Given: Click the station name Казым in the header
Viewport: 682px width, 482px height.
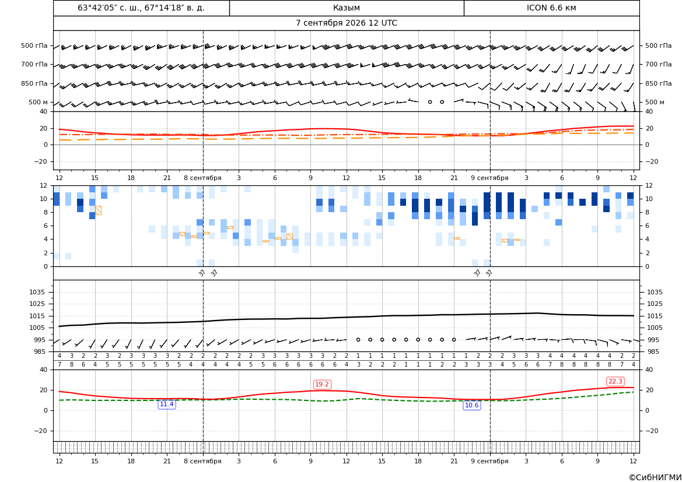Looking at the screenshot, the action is tap(346, 8).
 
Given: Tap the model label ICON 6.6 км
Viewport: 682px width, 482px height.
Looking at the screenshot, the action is tap(551, 8).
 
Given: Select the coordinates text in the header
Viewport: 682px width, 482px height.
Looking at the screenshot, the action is tap(141, 8).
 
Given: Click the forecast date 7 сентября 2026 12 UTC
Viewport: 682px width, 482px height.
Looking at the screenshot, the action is tap(346, 23).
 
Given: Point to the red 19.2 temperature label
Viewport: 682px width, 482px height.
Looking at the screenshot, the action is tap(322, 384).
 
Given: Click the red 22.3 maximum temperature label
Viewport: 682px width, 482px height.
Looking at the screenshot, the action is tap(615, 381).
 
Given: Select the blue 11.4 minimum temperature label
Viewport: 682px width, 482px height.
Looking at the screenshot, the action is tap(167, 404).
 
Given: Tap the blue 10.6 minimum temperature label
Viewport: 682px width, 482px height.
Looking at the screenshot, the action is tap(472, 405).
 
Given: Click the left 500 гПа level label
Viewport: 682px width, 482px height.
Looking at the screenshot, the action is tap(34, 45).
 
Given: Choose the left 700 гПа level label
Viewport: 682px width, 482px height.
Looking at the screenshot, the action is tap(34, 64).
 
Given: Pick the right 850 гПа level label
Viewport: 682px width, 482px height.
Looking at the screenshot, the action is tap(659, 83).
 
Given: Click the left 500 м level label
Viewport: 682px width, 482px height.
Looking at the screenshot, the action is tap(39, 102).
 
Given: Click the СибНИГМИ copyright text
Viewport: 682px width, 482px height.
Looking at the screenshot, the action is tap(655, 477).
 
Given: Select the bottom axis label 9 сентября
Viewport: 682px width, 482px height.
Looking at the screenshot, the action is tap(489, 461).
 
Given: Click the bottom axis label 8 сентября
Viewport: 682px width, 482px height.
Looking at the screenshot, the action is tap(202, 461).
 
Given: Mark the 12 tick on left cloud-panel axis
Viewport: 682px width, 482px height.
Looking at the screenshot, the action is tap(44, 185).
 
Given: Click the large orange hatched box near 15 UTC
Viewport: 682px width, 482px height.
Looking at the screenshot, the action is tap(98, 210).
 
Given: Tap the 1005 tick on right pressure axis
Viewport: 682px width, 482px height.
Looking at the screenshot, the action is tap(655, 328).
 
